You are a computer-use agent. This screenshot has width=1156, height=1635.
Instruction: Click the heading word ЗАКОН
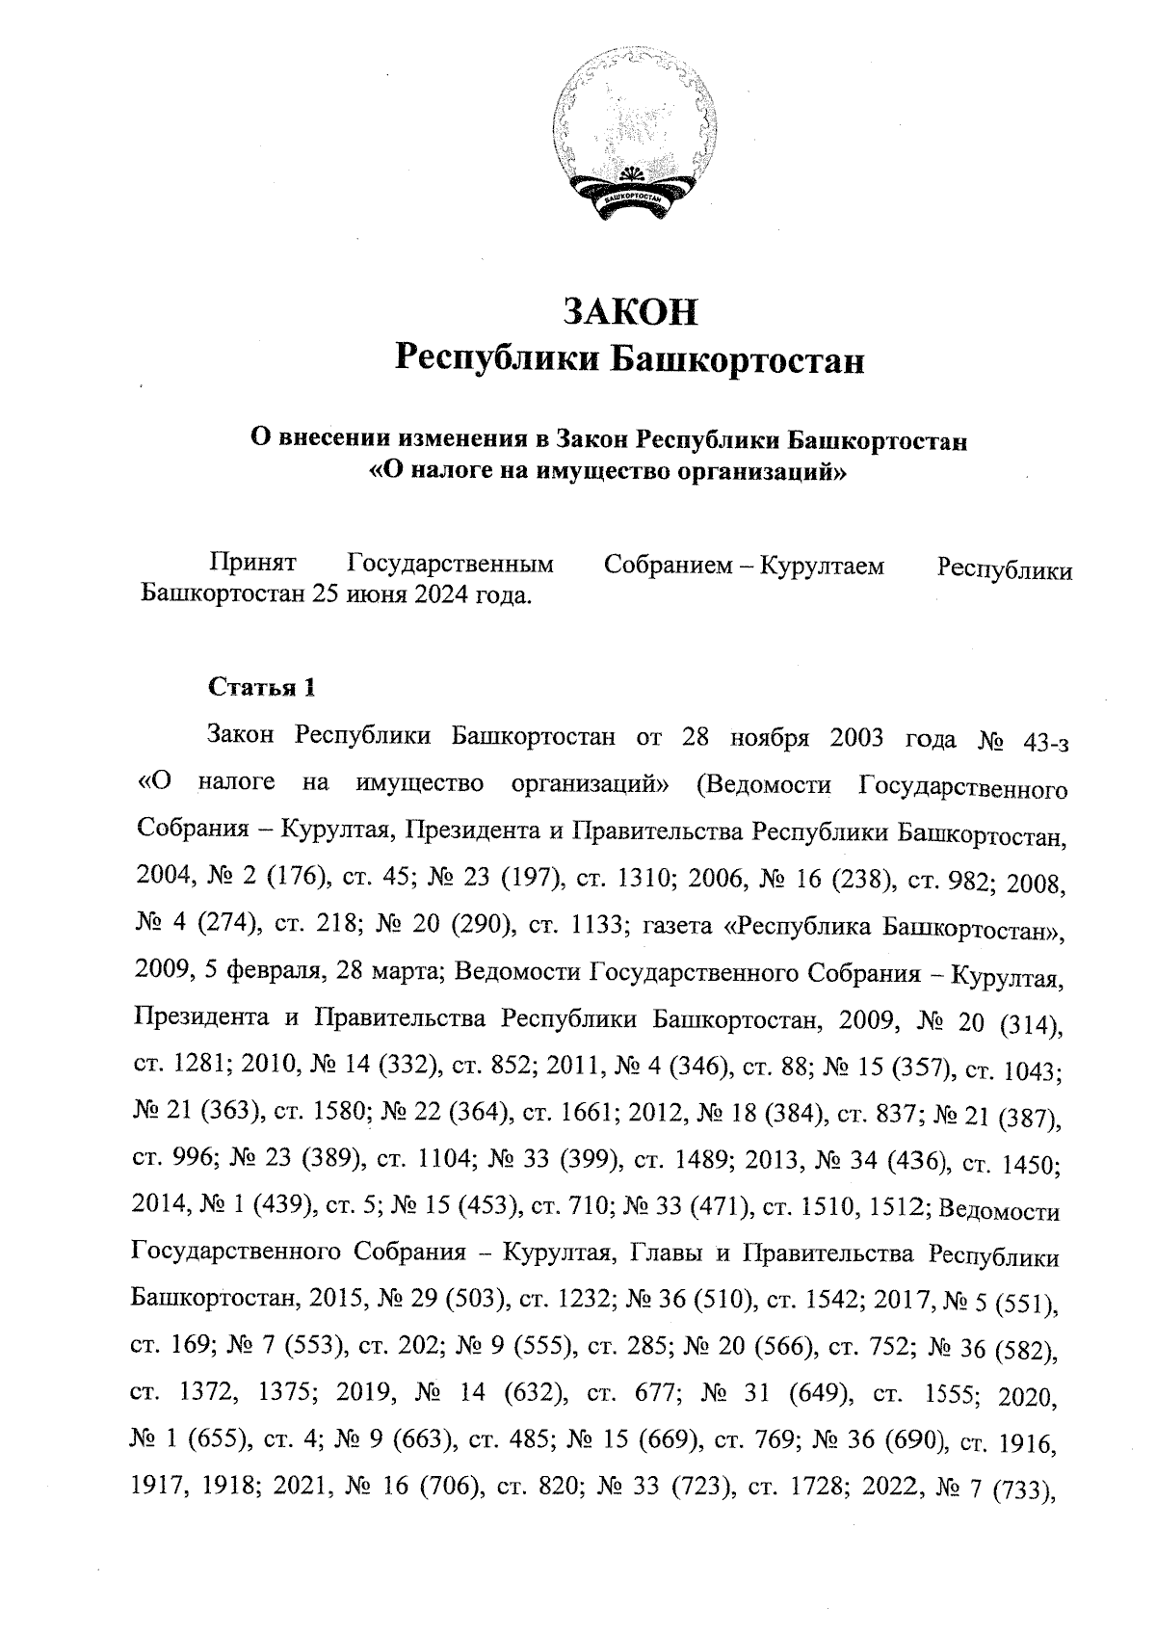point(630,312)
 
